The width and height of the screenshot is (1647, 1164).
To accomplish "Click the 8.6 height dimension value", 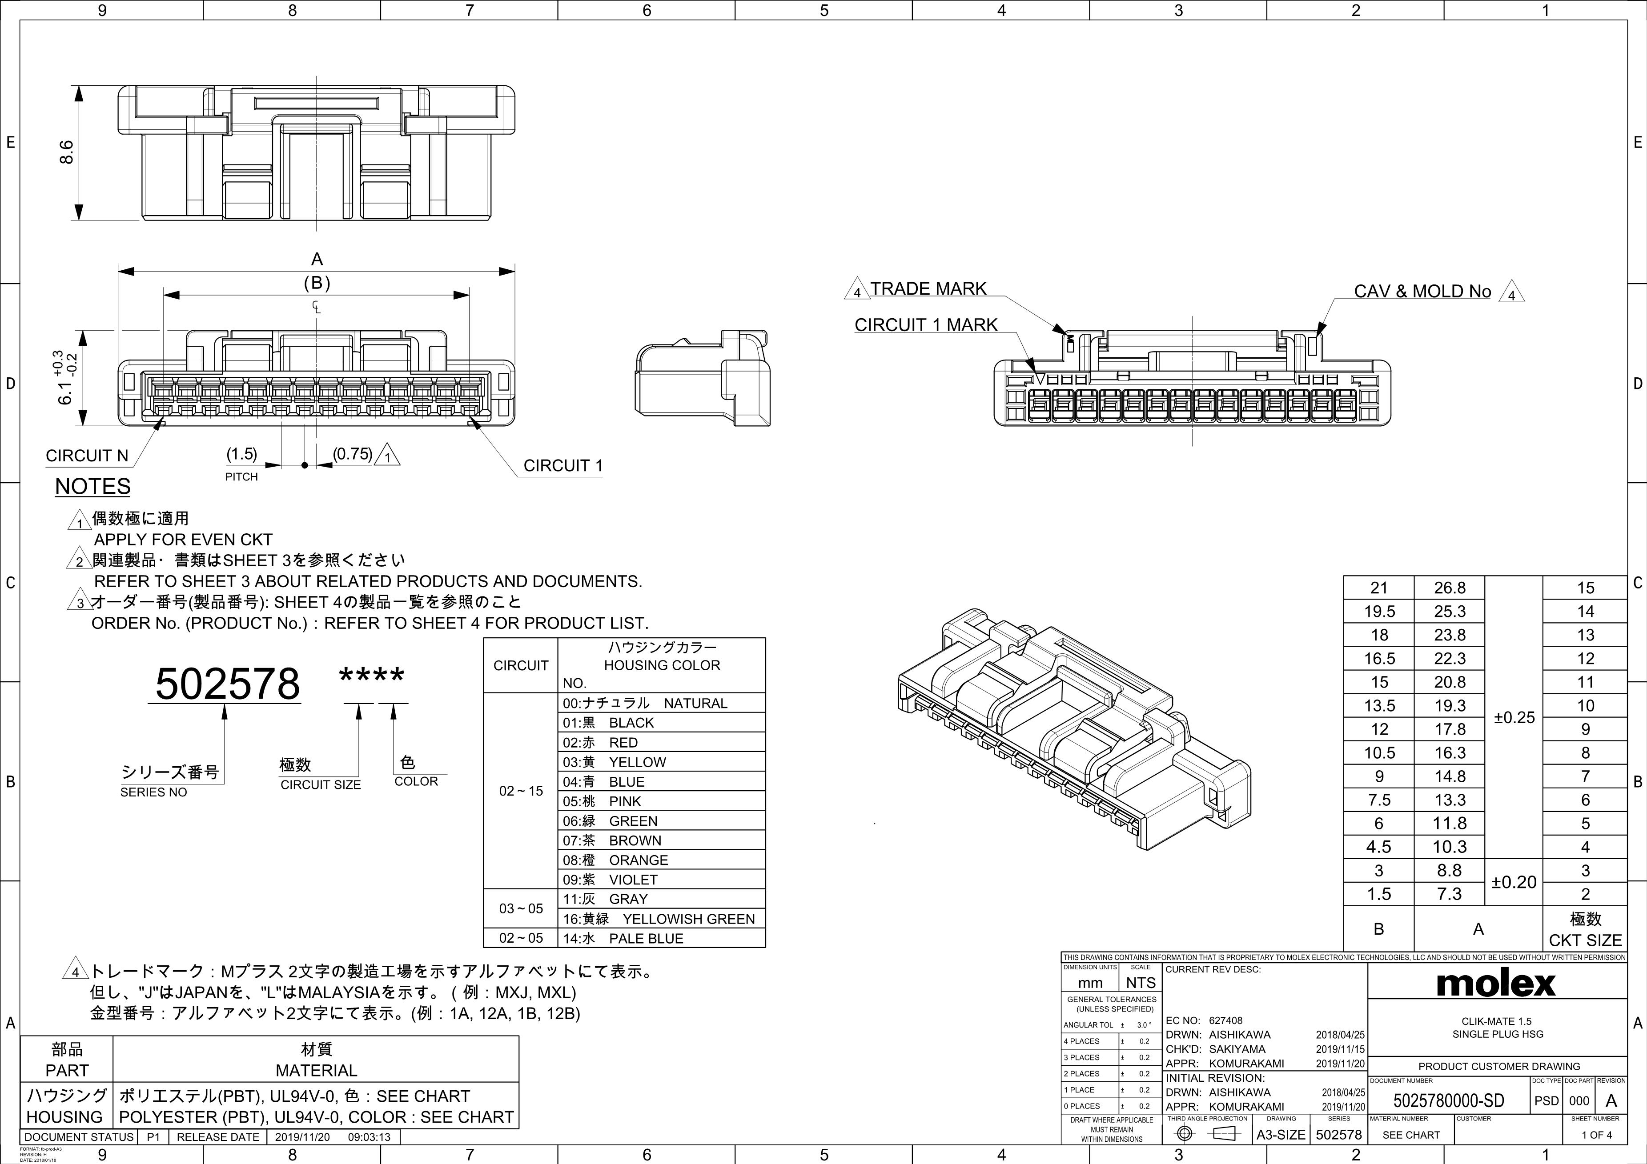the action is coord(66,152).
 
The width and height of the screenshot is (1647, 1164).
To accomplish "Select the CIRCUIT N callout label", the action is coord(87,456).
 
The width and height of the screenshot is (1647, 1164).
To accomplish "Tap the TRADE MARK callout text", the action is coord(928,288).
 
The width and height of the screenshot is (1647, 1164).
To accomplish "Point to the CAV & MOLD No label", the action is coord(1422,291).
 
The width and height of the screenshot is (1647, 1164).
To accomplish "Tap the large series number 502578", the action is coord(227,684).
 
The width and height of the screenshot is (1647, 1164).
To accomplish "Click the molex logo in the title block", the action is coord(1496,983).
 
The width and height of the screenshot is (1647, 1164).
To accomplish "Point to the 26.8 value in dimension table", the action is coord(1449,588).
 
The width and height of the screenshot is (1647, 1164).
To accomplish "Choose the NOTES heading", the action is coord(92,486).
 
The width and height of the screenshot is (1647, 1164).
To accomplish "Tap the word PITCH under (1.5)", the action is coord(241,477).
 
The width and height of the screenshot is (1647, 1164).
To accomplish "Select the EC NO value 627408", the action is coord(1226,1020).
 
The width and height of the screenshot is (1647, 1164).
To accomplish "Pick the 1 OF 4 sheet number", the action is coord(1597,1135).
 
